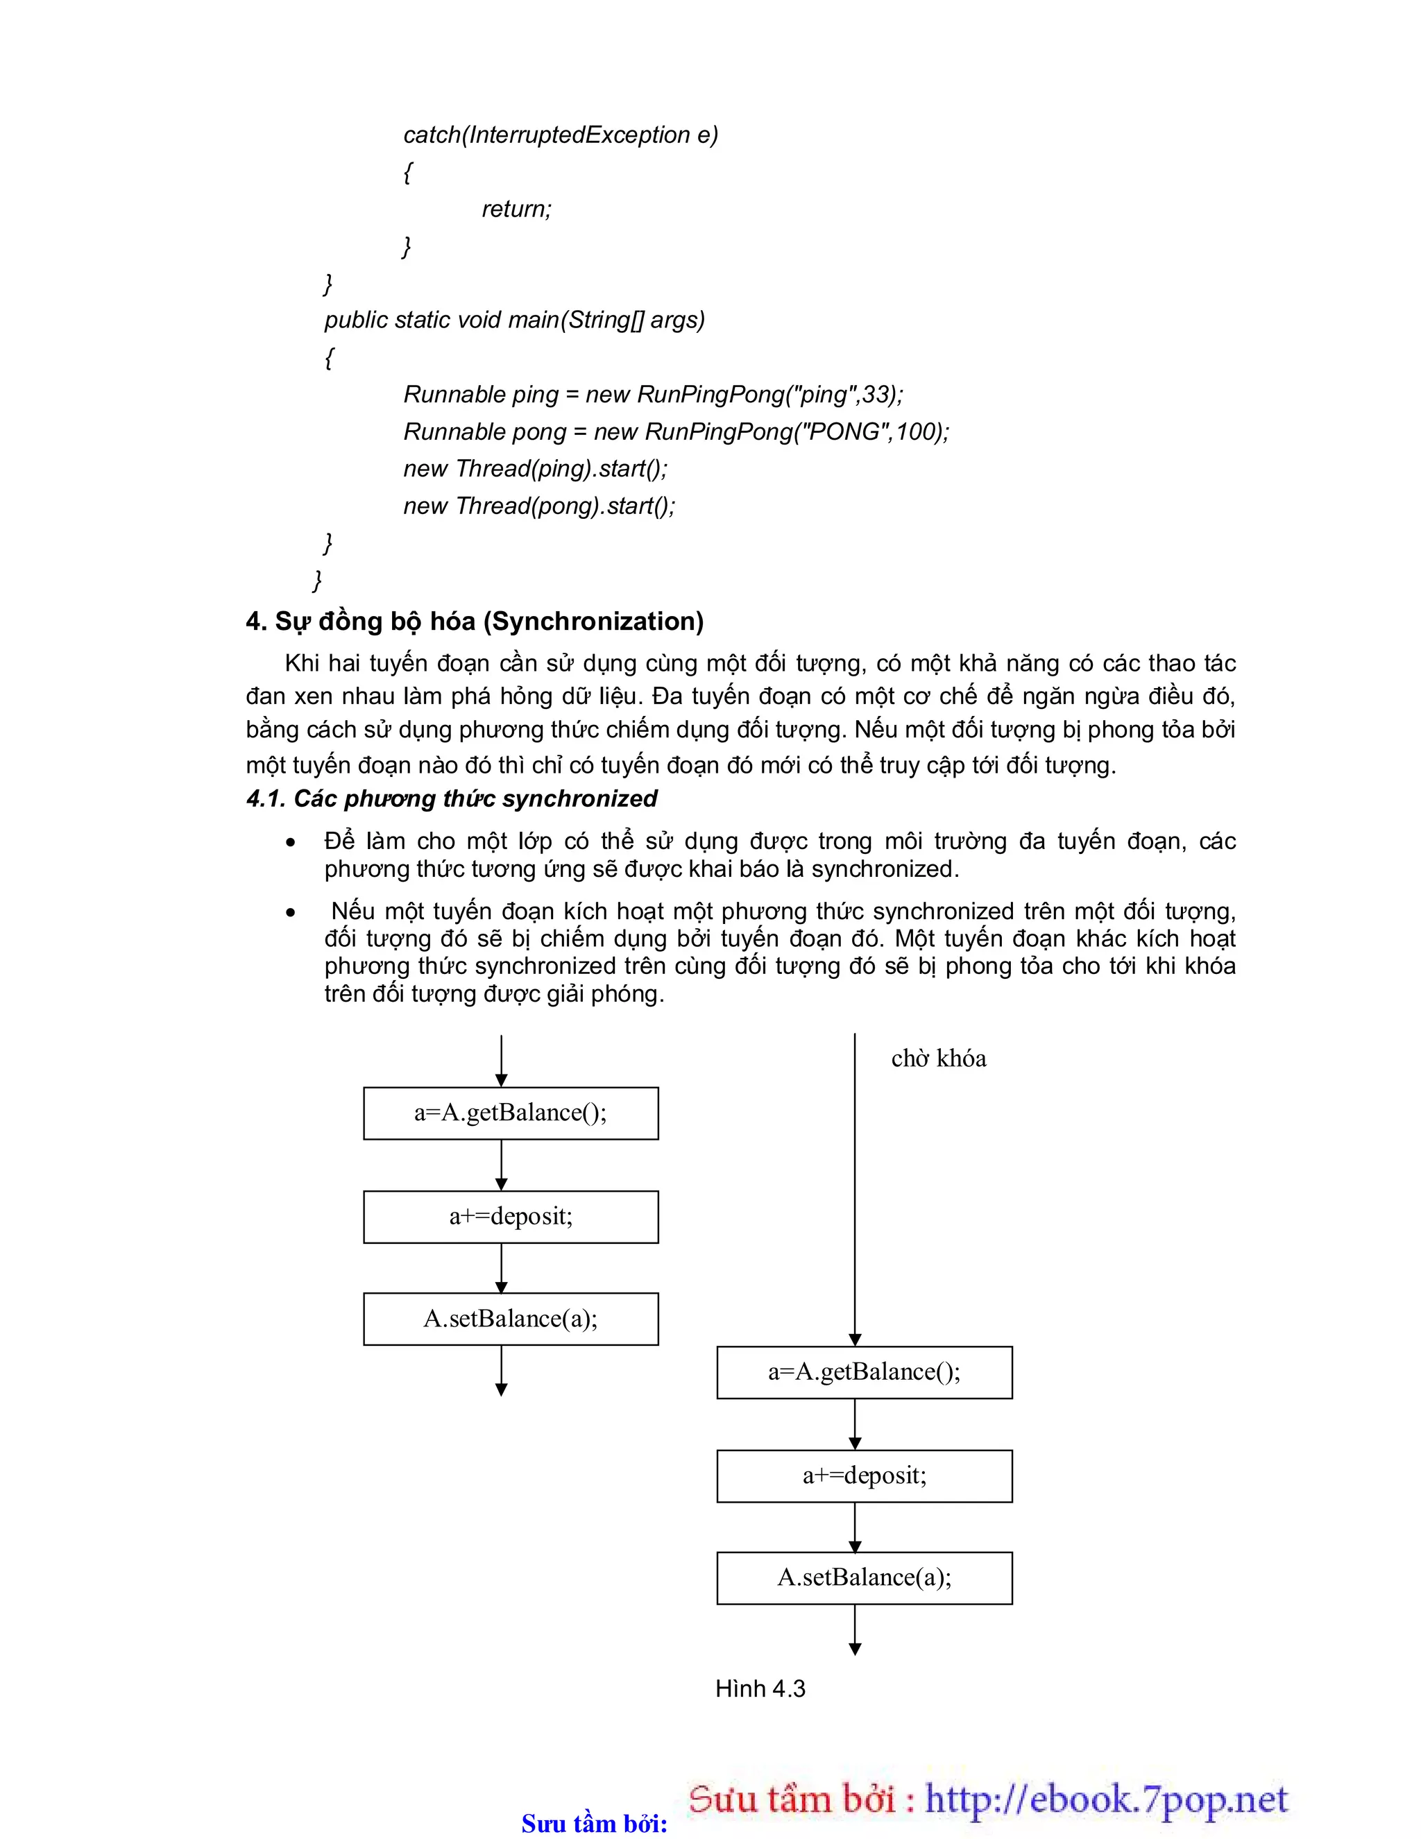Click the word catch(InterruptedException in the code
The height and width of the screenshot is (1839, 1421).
point(547,135)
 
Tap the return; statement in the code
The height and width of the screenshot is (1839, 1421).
point(516,209)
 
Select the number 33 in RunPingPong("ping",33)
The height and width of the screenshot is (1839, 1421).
point(875,394)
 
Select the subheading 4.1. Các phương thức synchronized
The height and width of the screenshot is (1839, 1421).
point(452,798)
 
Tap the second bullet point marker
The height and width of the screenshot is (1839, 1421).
point(291,913)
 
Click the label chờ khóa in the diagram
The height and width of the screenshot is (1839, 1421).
point(938,1059)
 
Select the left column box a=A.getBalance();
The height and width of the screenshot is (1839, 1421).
point(511,1113)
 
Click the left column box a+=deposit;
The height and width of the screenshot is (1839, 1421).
point(511,1216)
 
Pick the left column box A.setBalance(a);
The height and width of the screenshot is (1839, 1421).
point(511,1319)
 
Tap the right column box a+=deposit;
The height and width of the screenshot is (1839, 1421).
point(865,1476)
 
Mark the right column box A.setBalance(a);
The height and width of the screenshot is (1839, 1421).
point(865,1577)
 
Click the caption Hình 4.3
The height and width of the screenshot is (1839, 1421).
point(760,1688)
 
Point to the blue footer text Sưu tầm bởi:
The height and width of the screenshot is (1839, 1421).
point(594,1824)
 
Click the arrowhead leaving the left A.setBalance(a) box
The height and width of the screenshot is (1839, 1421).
point(501,1390)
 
